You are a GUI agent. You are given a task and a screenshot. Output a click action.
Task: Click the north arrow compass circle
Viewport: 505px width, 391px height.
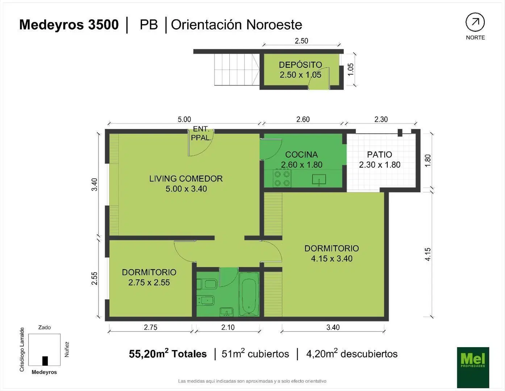pos(475,22)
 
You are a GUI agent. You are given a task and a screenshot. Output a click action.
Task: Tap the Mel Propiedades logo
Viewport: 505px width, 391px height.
pos(473,367)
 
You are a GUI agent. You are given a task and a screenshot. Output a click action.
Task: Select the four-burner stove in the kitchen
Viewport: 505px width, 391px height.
pos(282,178)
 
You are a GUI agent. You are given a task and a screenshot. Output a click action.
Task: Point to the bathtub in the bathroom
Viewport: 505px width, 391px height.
pos(249,294)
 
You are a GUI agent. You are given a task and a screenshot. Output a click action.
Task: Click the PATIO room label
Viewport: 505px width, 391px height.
pos(380,154)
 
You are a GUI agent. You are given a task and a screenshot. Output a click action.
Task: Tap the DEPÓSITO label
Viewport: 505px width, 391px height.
pos(300,64)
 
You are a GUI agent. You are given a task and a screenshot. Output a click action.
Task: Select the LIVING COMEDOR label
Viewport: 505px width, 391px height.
pos(186,178)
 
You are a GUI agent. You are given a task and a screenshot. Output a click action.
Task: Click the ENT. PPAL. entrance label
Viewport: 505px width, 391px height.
pos(201,133)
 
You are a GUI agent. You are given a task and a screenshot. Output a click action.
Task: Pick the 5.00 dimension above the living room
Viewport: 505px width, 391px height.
pos(184,119)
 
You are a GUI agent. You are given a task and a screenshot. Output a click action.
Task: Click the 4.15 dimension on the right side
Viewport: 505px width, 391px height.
pos(427,254)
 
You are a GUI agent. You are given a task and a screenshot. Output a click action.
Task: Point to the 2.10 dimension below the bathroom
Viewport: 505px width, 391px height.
pos(228,327)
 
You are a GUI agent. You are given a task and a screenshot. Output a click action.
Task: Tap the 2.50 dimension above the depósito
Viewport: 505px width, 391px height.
pos(301,41)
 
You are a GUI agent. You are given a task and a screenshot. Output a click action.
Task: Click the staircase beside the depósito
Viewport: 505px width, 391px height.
pos(237,70)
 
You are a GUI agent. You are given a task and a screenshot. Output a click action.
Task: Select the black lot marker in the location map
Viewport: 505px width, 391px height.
pos(45,361)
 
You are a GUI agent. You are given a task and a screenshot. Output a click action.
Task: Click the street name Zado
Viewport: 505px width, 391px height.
pos(45,327)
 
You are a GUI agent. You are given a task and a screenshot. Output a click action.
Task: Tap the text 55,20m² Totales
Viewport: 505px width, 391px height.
pos(168,354)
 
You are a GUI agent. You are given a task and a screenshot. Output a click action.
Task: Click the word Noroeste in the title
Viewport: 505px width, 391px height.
pos(274,25)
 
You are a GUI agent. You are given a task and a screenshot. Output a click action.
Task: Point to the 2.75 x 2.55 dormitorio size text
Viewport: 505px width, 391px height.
pos(149,282)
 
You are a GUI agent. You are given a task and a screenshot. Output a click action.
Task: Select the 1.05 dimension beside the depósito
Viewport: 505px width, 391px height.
pos(350,70)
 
